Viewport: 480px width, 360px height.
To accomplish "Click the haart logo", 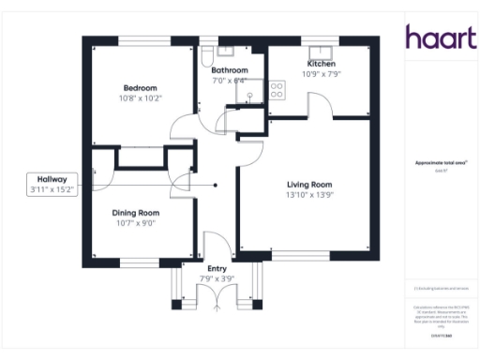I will point(436,37).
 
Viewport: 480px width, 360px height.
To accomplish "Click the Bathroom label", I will point(229,70).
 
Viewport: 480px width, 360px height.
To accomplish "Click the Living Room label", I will point(309,185).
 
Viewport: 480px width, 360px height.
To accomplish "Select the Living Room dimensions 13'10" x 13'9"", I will point(309,195).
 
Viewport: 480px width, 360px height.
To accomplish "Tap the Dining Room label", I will point(135,213).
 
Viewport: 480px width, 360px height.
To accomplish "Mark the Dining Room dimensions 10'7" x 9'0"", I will point(135,223).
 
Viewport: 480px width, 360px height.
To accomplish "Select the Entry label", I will point(217,269).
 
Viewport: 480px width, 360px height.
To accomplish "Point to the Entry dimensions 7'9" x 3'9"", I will point(217,278).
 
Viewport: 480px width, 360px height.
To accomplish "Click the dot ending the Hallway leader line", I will point(215,185).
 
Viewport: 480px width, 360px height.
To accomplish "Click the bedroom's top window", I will point(144,40).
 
